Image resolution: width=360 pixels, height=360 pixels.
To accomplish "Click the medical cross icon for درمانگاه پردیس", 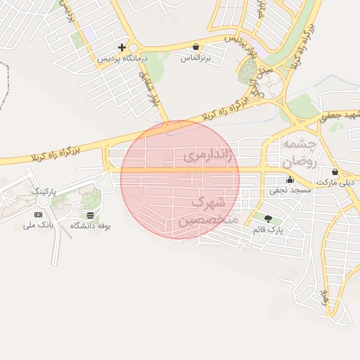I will pos(122,48).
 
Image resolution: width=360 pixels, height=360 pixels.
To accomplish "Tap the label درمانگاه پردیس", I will pos(122,58).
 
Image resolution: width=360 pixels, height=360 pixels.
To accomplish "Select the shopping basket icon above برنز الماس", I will pos(195,47).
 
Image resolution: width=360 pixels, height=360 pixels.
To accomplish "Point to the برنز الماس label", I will pos(195,58).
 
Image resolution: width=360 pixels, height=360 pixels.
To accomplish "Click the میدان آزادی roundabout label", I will pos(254,82).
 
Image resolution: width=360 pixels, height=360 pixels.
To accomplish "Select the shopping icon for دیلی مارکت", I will pos(335,172).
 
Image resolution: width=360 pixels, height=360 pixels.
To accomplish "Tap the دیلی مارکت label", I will pos(335,182).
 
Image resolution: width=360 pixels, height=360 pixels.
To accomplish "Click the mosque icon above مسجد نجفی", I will pos(290,180).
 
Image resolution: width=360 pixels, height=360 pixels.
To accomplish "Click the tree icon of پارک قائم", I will pos(267,219).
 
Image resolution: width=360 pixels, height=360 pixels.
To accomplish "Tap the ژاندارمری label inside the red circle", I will pos(208,156).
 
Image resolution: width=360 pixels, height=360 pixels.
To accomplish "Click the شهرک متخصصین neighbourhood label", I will pos(208,211).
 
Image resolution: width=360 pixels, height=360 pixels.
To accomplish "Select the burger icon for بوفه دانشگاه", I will pos(91,215).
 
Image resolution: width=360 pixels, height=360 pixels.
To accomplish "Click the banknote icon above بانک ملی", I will pos(38,214).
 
